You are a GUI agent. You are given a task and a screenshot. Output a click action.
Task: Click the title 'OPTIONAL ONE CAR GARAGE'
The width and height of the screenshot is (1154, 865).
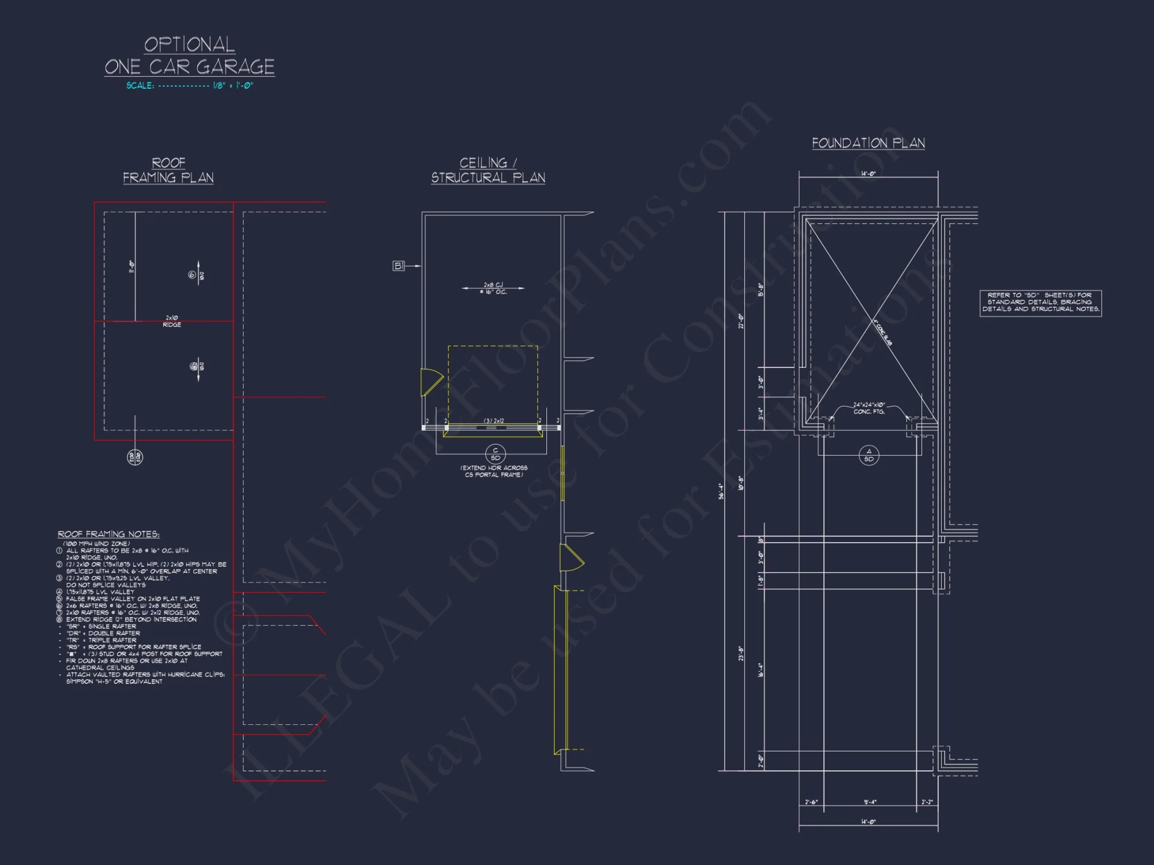pos(189,56)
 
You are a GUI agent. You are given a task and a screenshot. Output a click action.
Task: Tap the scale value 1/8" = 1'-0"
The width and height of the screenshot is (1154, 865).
pos(233,86)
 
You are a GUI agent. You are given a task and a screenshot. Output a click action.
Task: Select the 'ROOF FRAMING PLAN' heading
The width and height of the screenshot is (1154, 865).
pos(168,170)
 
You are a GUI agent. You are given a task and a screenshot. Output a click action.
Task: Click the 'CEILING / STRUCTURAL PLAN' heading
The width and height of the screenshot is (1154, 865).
pos(488,170)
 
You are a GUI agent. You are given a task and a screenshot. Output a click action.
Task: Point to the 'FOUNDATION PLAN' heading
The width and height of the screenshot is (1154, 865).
pos(868,143)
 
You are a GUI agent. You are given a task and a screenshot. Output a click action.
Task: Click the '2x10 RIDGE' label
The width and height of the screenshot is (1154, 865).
pos(172,321)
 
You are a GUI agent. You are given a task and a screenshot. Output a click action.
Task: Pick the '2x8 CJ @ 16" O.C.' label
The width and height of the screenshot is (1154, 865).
pos(493,288)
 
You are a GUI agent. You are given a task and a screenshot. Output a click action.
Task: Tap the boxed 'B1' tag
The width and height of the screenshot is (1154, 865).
pos(398,266)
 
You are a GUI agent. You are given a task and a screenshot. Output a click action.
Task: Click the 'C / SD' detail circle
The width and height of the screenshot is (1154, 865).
pos(495,454)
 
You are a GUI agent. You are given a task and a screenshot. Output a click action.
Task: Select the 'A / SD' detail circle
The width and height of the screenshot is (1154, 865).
pos(868,456)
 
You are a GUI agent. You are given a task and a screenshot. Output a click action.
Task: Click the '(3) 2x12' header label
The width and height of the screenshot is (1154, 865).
pos(493,421)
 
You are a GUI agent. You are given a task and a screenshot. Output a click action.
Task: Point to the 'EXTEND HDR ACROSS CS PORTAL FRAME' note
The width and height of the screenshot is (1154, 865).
pos(494,471)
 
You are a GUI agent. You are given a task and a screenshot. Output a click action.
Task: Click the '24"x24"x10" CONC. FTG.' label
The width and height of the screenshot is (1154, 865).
pos(869,408)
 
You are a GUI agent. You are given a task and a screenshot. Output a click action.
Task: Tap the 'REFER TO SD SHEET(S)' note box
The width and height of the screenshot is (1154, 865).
pos(1040,303)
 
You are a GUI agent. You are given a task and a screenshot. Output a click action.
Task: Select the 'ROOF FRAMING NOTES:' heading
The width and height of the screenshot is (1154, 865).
pos(108,535)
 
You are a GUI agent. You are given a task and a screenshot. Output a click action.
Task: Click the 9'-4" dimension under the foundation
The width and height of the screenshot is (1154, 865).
pos(870,802)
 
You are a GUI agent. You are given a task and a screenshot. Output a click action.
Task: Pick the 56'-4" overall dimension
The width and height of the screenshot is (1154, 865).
pos(721,491)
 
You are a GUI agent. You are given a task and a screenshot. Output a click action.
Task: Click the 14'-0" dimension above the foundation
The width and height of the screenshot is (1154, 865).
pos(868,174)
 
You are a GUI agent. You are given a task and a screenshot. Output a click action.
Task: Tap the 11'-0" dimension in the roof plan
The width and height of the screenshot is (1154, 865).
pos(132,266)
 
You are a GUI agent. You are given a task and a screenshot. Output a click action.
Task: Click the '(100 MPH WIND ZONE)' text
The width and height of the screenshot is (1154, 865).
pos(96,544)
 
